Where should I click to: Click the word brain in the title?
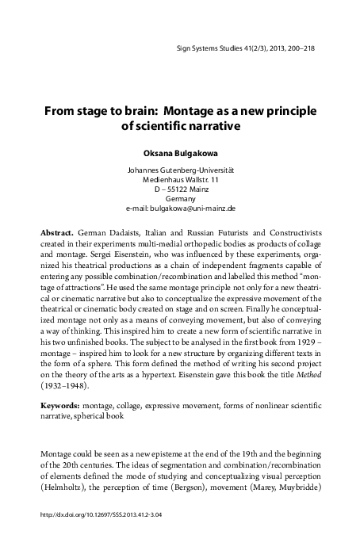(x=136, y=109)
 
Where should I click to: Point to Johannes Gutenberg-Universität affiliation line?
(x=178, y=170)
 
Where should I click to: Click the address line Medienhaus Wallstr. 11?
(x=178, y=180)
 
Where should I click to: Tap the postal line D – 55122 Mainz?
(x=178, y=189)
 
